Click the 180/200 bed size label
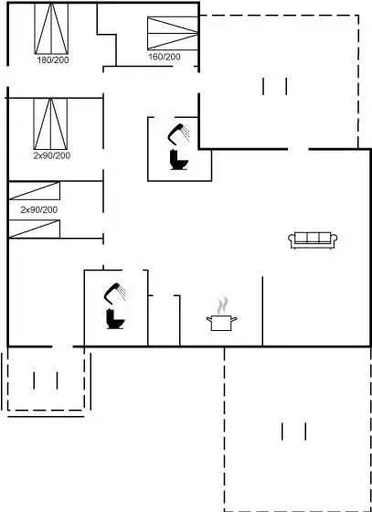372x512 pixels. tap(53, 60)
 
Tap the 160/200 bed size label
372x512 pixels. tap(165, 57)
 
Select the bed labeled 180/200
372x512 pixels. tap(51, 28)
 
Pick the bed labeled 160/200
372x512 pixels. tap(173, 33)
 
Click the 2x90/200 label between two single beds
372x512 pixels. tap(38, 209)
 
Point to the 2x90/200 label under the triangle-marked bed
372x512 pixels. tap(51, 155)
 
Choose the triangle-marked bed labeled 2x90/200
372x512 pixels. tap(50, 123)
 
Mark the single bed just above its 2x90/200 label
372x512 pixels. tap(34, 191)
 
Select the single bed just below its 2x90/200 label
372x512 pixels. tap(34, 229)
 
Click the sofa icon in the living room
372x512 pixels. tap(313, 240)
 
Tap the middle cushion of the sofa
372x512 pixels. tap(313, 238)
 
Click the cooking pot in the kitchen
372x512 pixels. tap(221, 323)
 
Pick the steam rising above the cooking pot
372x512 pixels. tap(222, 305)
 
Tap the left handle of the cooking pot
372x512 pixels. tap(208, 319)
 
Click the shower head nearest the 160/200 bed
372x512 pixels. tap(178, 133)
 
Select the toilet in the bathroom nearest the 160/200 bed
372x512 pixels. tap(179, 160)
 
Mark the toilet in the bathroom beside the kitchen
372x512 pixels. tap(115, 319)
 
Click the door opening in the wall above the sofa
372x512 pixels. tap(298, 150)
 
